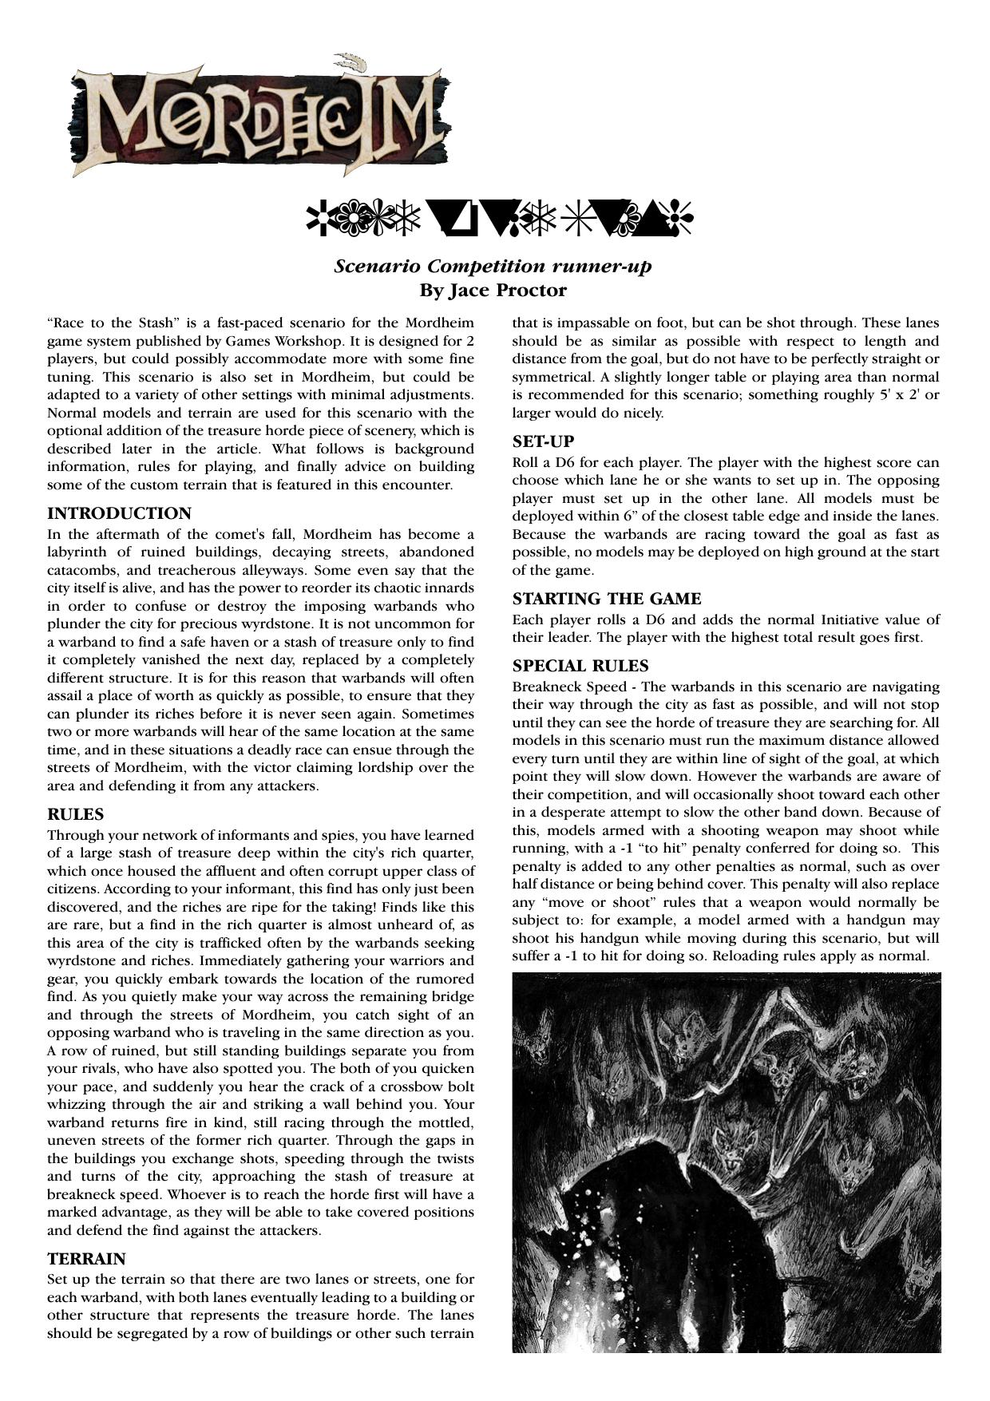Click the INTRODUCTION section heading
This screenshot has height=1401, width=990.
point(119,513)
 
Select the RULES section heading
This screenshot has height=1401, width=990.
point(76,814)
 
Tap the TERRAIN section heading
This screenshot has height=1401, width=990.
point(86,1259)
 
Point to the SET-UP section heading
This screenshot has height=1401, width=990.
point(543,441)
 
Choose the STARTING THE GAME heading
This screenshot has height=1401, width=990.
point(607,599)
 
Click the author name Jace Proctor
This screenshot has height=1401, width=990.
point(493,290)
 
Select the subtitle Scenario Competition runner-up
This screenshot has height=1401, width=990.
point(493,266)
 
